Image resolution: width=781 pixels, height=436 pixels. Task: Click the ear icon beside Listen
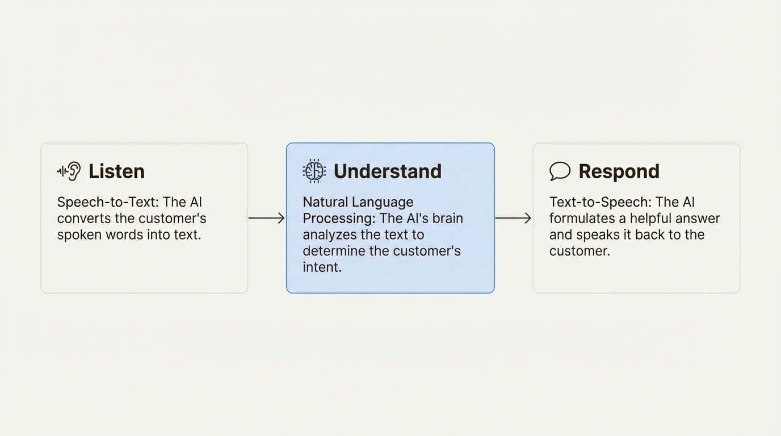click(69, 171)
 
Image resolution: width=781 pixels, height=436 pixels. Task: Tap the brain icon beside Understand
click(314, 171)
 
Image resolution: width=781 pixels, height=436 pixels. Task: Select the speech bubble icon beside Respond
click(560, 171)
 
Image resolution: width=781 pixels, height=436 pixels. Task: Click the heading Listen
click(116, 171)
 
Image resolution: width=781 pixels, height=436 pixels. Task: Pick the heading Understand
click(387, 171)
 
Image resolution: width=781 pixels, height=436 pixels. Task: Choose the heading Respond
click(619, 171)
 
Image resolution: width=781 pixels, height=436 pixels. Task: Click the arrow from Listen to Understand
click(267, 218)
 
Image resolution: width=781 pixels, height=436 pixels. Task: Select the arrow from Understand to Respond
click(513, 218)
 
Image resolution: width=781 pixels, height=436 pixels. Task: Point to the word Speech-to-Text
click(107, 203)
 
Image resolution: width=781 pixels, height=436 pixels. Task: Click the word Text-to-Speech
click(599, 203)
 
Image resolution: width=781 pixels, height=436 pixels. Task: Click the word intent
click(322, 267)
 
